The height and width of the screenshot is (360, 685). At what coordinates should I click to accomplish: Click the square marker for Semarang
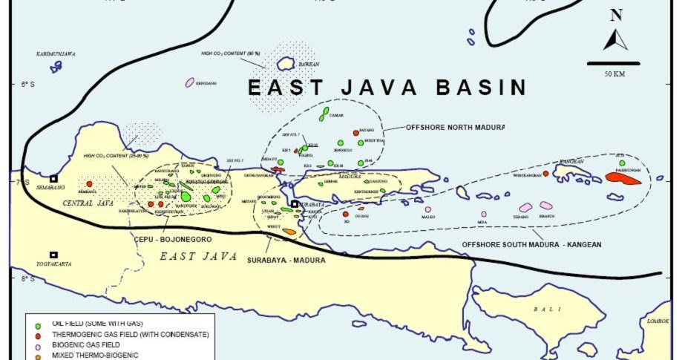click(53, 179)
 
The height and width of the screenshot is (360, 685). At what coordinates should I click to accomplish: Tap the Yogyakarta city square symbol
click(53, 255)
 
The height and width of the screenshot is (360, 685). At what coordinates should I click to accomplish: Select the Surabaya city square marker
click(295, 204)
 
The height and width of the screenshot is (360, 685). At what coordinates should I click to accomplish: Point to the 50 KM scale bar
click(613, 64)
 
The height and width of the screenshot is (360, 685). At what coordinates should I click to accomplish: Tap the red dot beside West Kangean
click(545, 174)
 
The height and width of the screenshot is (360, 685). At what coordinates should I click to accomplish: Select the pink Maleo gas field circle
click(427, 209)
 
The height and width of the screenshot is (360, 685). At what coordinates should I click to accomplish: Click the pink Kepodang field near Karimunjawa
click(189, 82)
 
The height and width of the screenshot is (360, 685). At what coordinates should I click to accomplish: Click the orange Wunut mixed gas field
click(289, 232)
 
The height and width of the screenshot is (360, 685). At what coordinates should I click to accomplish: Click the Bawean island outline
click(286, 65)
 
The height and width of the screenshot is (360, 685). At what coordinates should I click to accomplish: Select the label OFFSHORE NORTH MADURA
click(446, 127)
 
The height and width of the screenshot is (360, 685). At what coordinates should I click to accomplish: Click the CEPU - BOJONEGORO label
click(173, 240)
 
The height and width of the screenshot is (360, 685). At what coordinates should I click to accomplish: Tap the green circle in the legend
click(38, 325)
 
